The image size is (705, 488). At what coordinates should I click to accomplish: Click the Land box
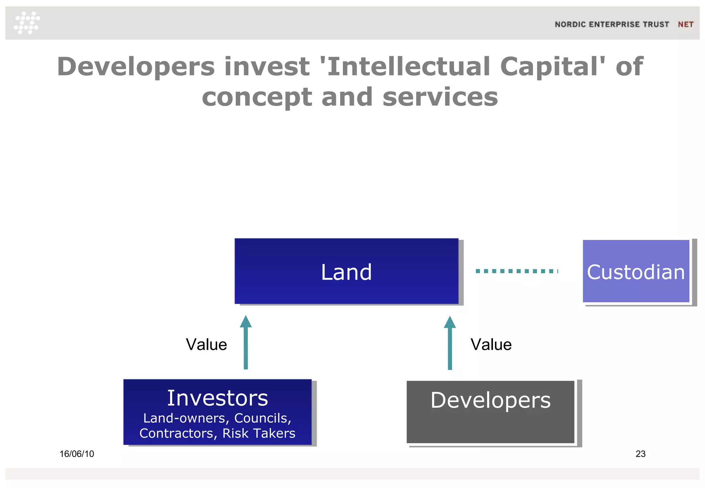(x=346, y=271)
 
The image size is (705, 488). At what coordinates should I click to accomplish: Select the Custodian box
(x=636, y=272)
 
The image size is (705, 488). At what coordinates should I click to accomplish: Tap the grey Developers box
(x=491, y=412)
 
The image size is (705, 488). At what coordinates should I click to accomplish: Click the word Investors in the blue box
(x=217, y=398)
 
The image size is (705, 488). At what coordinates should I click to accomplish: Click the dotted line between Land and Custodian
(x=516, y=271)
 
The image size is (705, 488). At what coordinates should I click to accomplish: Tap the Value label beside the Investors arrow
(x=207, y=344)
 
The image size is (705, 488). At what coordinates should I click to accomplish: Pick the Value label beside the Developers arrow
(x=491, y=344)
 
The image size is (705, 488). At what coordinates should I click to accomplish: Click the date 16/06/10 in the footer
(x=77, y=454)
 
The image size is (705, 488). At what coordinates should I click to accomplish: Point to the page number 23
(x=640, y=454)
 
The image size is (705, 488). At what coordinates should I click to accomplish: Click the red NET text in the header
(x=685, y=24)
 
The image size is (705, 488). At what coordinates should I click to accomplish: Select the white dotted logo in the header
(x=27, y=23)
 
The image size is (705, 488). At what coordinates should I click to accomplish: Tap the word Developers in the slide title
(x=136, y=67)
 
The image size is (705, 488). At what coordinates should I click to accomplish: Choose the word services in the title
(x=440, y=97)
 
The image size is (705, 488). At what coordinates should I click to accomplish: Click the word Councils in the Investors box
(x=263, y=418)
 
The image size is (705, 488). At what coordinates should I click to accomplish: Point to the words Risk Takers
(x=259, y=433)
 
